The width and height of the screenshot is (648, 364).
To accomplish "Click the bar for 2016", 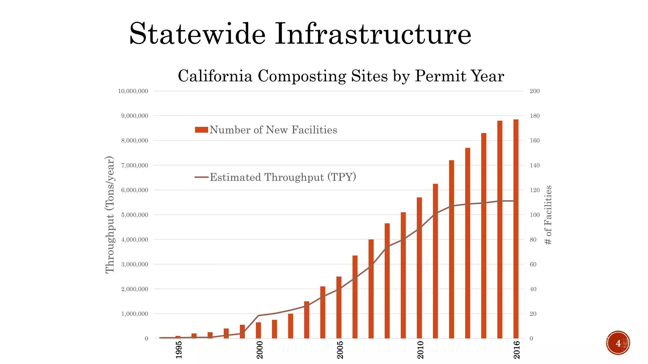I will pos(516,229).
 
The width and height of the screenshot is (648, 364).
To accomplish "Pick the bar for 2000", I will pos(259,330).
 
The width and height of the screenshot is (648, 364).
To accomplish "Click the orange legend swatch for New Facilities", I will pos(201,130).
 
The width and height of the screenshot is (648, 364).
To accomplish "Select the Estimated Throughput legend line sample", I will pos(201,177).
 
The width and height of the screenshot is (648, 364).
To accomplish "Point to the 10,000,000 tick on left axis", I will pos(133,91).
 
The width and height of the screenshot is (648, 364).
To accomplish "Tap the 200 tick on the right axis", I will pos(534,91).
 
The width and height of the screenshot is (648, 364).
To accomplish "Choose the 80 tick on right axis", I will pos(533,240).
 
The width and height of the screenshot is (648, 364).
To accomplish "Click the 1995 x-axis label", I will pos(179,350).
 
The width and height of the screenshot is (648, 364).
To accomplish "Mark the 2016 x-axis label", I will pos(516,350).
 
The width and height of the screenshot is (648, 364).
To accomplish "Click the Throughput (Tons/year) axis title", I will pos(109,215).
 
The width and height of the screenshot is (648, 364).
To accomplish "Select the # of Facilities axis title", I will pos(548,215).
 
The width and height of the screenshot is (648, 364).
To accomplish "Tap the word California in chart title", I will pos(215,76).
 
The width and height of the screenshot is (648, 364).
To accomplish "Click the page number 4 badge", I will pos(618,343).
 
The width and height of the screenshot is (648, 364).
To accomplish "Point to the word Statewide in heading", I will pos(197,34).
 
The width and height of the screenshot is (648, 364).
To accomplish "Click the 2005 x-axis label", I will pos(340,350).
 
